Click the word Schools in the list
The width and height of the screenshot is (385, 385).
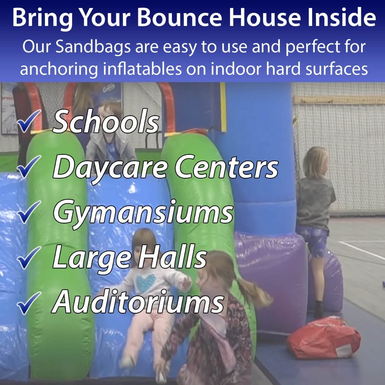tap(106, 122)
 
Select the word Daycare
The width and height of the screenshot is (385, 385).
tap(110, 167)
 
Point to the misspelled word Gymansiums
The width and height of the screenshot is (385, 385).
tap(143, 212)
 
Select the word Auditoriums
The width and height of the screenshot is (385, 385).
tap(138, 301)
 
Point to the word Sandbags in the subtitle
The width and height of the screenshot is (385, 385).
tap(93, 48)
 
